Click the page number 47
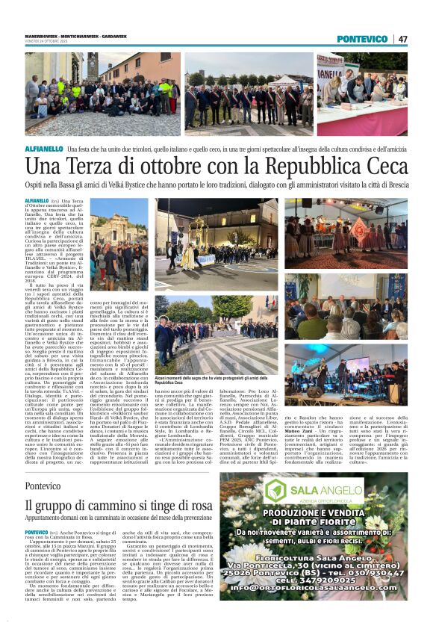point(402,39)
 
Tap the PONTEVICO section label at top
point(362,39)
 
